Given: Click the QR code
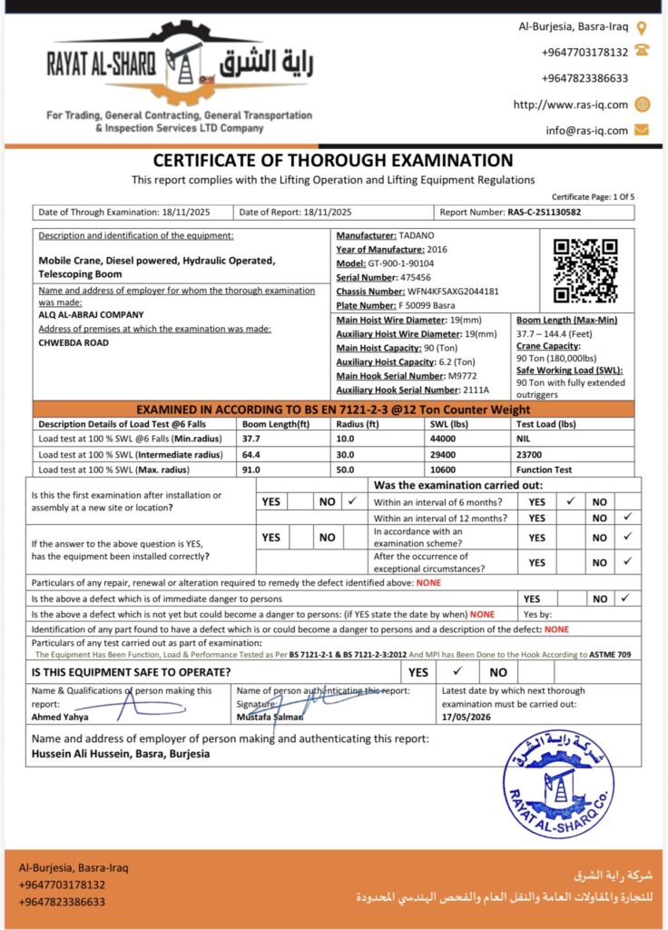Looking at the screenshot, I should click(585, 271).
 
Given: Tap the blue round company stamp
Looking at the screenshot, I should click(557, 783).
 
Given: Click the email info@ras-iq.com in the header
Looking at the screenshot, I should click(586, 130).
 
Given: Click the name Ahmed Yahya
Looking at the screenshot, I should click(60, 716).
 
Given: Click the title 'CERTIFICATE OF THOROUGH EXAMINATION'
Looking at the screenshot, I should click(333, 161).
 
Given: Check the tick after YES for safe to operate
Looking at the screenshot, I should click(458, 672).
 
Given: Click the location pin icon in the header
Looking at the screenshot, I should click(642, 28).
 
